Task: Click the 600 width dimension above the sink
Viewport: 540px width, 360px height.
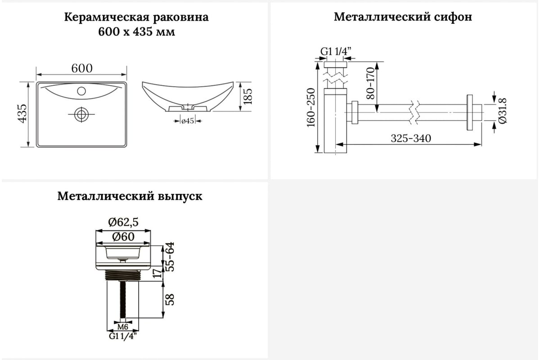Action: point(82,68)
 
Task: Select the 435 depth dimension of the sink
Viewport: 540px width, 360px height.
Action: point(22,113)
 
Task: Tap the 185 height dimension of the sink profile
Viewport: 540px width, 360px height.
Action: point(247,96)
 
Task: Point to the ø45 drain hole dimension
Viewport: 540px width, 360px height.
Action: point(188,121)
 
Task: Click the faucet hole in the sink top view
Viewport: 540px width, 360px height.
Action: point(81,91)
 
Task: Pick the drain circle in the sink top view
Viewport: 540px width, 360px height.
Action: point(81,114)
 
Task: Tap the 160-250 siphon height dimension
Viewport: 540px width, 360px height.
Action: point(311,108)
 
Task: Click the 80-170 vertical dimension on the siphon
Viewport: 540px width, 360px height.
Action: point(370,83)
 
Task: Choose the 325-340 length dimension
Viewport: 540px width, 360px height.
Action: point(411,139)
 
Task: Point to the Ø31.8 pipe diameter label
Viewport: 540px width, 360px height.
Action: point(502,111)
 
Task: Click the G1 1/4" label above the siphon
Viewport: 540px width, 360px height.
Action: point(336,51)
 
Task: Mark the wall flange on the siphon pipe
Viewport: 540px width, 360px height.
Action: point(469,112)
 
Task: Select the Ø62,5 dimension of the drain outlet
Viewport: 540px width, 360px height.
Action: point(123,222)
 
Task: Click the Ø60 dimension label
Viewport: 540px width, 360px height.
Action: point(123,237)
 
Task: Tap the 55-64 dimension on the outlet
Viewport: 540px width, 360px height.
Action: point(170,257)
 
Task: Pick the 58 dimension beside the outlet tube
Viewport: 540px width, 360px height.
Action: point(170,300)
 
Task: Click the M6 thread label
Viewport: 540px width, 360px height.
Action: point(123,327)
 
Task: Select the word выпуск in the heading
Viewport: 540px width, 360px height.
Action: point(180,197)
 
